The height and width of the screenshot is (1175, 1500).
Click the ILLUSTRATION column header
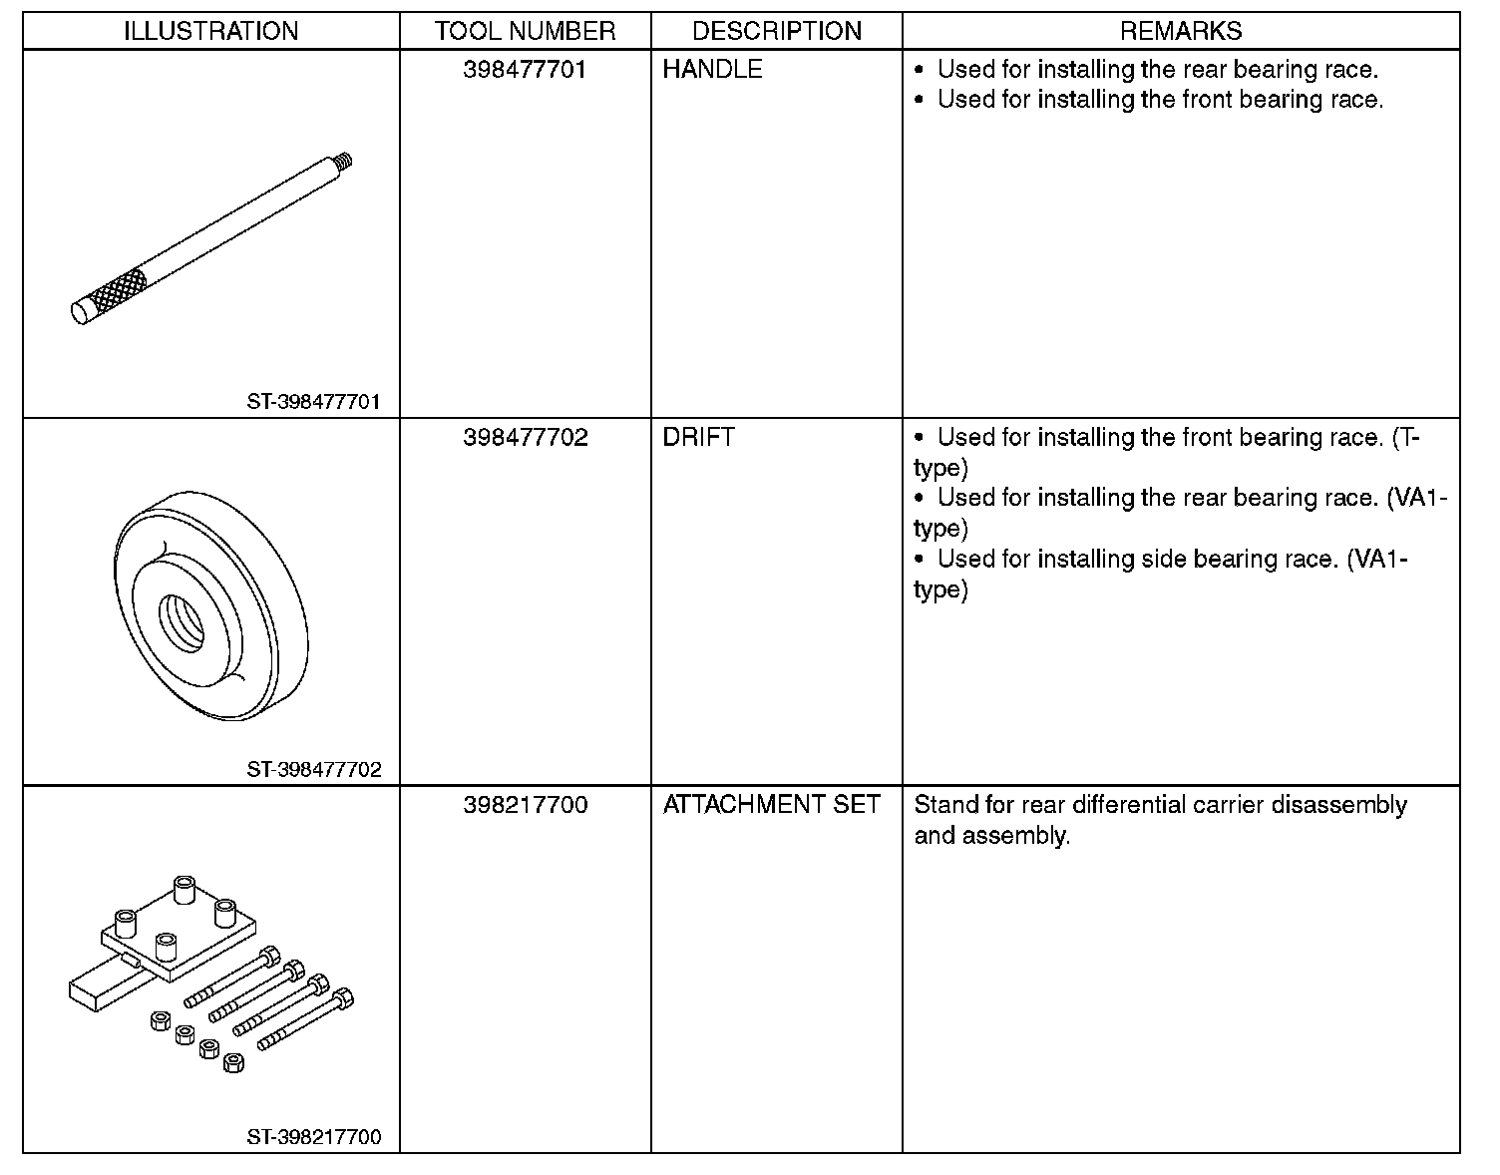210,31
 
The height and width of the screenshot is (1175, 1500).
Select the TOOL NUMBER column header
525,31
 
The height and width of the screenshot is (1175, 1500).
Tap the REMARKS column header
1181,31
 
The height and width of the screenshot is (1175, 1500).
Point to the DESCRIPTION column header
776,31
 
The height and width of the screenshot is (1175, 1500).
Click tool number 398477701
525,70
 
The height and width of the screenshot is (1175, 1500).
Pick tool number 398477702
525,438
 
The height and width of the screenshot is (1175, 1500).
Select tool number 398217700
525,805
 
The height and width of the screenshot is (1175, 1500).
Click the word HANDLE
712,70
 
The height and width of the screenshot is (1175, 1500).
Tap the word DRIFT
698,438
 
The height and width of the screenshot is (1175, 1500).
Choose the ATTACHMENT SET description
771,805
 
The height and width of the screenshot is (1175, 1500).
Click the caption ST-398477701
314,402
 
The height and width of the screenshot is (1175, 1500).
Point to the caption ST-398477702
314,769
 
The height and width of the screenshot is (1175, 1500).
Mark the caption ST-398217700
314,1137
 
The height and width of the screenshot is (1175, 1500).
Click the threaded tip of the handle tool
345,159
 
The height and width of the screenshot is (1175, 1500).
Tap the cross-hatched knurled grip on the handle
117,289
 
